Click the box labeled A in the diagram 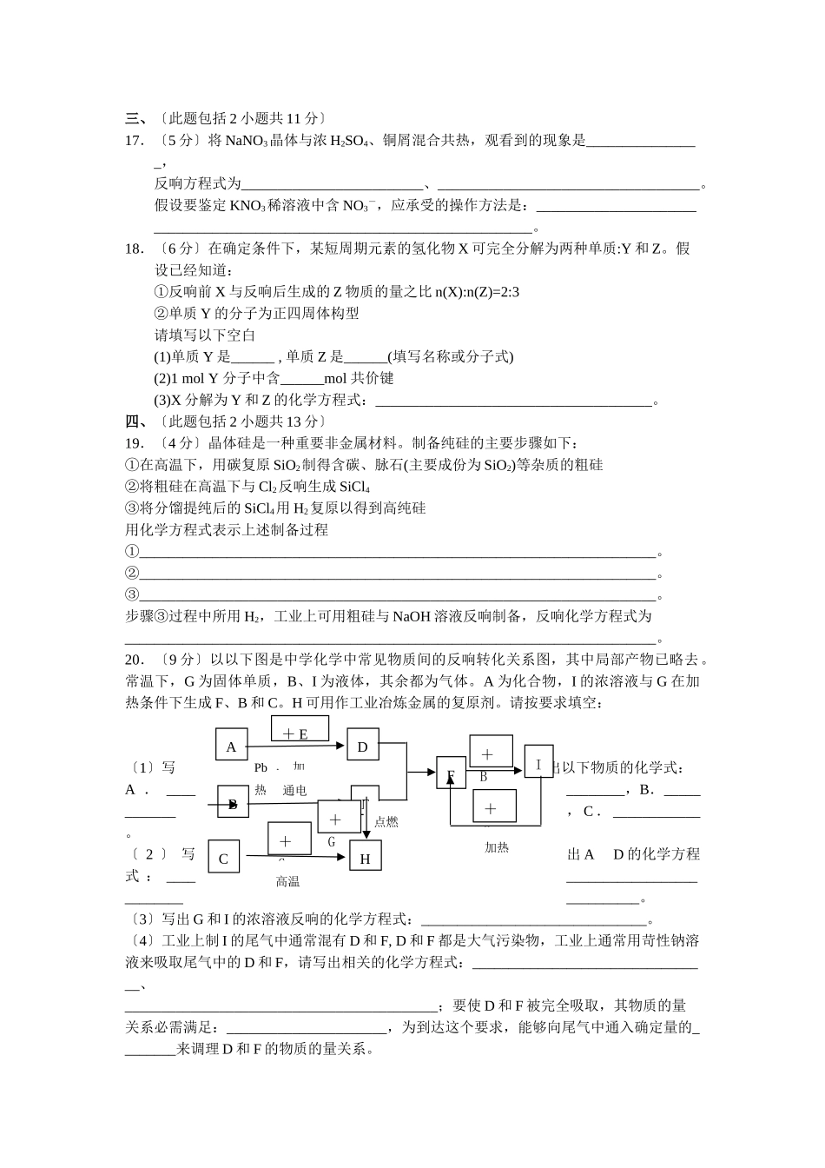pyautogui.click(x=231, y=746)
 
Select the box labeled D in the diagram pyautogui.click(x=362, y=746)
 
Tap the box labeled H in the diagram pyautogui.click(x=365, y=858)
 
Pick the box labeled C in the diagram pyautogui.click(x=223, y=858)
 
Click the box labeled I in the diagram pyautogui.click(x=538, y=764)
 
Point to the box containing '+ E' pyautogui.click(x=300, y=733)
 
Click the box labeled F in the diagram pyautogui.click(x=451, y=773)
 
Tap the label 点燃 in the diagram pyautogui.click(x=386, y=822)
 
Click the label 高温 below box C pyautogui.click(x=287, y=882)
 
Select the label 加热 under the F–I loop pyautogui.click(x=497, y=847)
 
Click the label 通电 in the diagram pyautogui.click(x=294, y=791)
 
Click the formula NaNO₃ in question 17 pyautogui.click(x=247, y=141)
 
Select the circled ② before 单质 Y pyautogui.click(x=161, y=314)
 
